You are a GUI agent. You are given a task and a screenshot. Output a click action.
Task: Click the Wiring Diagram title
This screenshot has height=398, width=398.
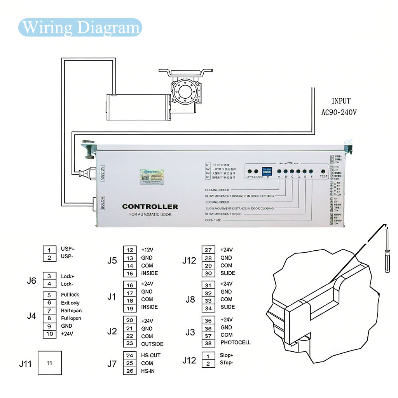(x=80, y=28)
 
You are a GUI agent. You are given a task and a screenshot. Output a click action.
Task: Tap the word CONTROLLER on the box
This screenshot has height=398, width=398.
(x=150, y=207)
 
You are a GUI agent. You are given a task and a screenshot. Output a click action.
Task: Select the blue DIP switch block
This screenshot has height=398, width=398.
(x=267, y=171)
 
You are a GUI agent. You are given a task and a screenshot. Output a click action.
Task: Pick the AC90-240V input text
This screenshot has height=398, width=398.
(x=339, y=112)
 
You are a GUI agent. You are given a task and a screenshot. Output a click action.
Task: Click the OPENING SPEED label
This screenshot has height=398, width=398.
(x=217, y=190)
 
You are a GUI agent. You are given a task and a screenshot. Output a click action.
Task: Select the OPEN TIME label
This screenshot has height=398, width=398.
(x=213, y=220)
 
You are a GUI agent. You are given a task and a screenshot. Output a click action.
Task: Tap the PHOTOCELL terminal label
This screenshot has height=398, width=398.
(x=236, y=342)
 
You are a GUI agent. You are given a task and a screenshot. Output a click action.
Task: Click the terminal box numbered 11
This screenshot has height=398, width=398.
(x=49, y=363)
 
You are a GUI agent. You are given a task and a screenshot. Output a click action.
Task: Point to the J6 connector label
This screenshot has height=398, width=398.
(x=31, y=280)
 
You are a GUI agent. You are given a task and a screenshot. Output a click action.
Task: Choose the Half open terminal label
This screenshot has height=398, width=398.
(x=71, y=311)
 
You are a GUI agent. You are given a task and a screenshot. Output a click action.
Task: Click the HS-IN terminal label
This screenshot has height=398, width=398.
(x=148, y=371)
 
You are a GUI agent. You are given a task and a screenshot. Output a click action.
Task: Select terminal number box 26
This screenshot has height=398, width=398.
(x=130, y=371)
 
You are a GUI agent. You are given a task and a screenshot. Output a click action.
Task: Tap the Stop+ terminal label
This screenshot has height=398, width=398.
(x=227, y=355)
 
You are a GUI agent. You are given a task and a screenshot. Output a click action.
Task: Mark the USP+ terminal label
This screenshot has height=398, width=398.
(x=68, y=249)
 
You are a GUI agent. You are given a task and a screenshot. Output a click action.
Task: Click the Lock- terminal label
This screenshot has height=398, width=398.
(x=67, y=284)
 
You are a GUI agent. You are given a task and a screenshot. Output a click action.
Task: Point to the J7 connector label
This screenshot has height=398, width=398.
(x=112, y=363)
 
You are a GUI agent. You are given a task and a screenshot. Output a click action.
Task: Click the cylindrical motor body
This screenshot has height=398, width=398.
(x=138, y=107)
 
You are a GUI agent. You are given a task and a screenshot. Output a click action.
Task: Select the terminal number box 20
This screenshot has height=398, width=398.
(x=130, y=321)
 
